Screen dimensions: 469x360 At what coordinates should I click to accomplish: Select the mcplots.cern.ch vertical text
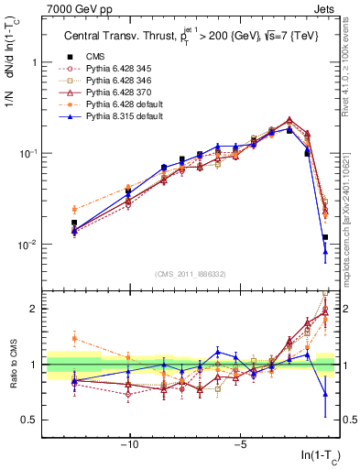pyautogui.click(x=352, y=220)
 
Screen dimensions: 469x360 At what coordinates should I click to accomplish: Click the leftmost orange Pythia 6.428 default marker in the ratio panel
pyautogui.click(x=74, y=338)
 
